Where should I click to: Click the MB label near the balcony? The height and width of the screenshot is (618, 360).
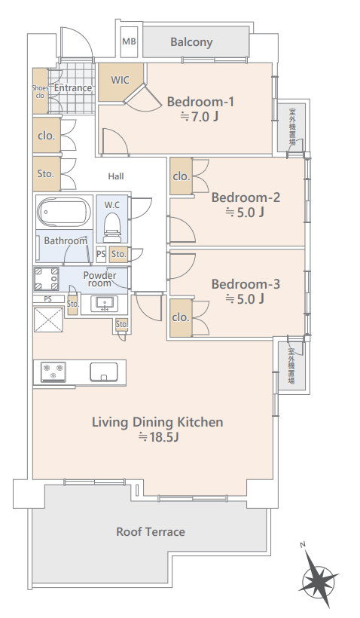point(130,41)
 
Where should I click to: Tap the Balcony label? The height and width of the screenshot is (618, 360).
point(191,42)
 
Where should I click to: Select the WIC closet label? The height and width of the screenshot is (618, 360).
point(121,80)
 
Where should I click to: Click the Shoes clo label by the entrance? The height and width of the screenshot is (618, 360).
point(40,92)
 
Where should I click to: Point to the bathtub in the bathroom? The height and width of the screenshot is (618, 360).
point(64,212)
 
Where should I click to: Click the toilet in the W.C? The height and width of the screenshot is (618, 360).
point(112,228)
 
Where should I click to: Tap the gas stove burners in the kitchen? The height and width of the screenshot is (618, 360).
point(53,372)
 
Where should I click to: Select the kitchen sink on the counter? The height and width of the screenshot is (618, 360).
point(104,372)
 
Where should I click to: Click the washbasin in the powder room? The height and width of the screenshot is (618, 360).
point(105,304)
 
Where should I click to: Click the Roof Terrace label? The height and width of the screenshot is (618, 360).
point(151,531)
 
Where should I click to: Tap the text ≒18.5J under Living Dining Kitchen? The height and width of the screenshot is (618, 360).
point(158,437)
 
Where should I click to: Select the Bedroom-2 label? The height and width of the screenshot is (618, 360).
point(246,197)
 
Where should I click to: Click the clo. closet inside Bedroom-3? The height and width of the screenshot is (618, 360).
point(182,318)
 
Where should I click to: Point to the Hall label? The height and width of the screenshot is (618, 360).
point(116,176)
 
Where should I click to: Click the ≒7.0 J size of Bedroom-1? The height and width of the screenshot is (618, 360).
point(200,117)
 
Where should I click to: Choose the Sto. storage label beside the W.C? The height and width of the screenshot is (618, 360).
point(118,254)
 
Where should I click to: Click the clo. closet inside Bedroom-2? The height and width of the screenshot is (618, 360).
point(182,176)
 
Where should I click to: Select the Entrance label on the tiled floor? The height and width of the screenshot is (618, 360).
point(73,88)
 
